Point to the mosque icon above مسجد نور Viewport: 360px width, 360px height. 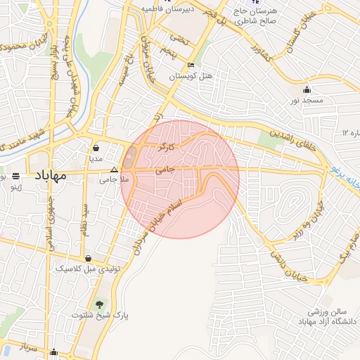[307, 90]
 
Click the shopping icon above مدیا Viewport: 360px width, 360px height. [96, 148]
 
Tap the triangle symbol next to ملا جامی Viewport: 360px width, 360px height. [115, 169]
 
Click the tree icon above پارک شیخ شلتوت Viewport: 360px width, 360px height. [99, 304]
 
